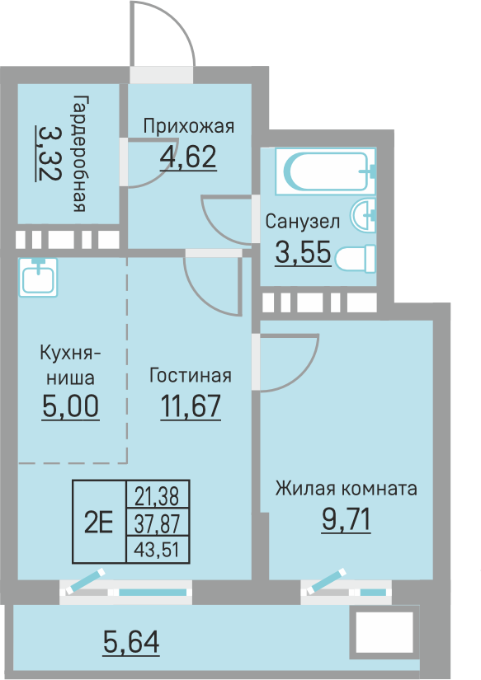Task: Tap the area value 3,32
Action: [48, 152]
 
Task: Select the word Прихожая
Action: [189, 126]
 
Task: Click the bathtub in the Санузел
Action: [328, 171]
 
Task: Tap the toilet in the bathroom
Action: [357, 259]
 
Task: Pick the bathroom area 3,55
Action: [303, 253]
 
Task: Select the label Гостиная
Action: [190, 376]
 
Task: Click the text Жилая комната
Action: [347, 488]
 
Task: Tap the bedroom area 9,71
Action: [347, 519]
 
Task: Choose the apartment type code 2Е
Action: [99, 521]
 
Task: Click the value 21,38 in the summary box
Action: [157, 495]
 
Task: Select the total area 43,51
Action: [157, 549]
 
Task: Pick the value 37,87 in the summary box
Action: [157, 522]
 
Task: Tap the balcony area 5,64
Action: [131, 640]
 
